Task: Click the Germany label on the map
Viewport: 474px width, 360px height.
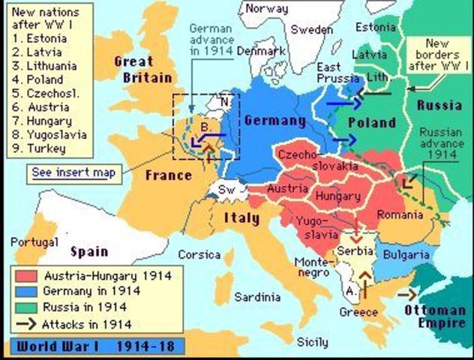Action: pos(274,121)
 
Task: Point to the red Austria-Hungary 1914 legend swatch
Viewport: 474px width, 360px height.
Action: pos(28,276)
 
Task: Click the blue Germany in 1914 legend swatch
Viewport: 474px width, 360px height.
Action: pos(28,292)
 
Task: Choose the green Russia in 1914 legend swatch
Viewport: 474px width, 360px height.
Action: pos(28,307)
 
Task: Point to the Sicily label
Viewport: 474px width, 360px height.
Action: pos(312,342)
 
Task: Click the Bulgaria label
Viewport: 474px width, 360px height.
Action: pos(405,255)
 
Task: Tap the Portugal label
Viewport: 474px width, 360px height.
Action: pos(34,241)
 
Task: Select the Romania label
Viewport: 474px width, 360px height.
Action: pos(401,214)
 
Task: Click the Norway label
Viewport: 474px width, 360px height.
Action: pos(267,9)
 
